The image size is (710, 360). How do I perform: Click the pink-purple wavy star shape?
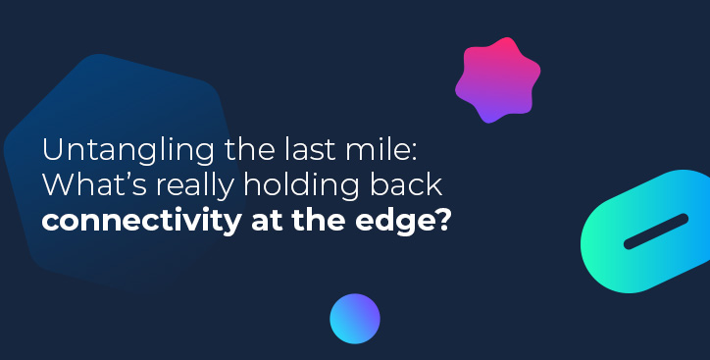497,80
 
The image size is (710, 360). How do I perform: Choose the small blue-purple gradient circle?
354,318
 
